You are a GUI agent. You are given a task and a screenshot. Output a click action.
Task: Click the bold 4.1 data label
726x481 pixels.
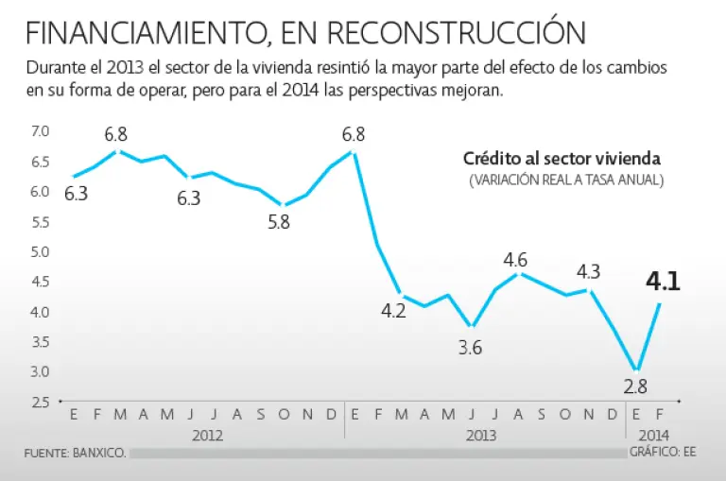coord(663,282)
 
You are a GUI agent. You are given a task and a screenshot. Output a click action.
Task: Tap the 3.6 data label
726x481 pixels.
coord(471,347)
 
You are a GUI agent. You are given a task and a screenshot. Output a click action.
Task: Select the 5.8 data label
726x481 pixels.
coord(279,223)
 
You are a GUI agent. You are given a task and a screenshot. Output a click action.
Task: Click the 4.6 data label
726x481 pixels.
coord(516,257)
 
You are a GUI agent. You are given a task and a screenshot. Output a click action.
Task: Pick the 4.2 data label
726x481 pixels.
coord(393,311)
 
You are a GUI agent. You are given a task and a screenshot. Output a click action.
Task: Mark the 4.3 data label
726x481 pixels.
coord(588,271)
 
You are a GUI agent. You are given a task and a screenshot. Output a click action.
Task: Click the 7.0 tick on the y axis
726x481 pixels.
coord(41,130)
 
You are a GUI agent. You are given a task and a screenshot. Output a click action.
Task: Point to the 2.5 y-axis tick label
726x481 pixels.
coord(41,403)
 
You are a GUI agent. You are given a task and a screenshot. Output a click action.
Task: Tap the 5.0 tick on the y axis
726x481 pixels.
coord(41,251)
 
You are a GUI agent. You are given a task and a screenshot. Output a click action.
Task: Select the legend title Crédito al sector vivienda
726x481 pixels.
coord(562,159)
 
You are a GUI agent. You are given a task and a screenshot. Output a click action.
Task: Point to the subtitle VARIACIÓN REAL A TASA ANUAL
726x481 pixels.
coord(566,180)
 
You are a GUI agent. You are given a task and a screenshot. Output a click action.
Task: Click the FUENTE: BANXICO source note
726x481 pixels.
coord(75,454)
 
